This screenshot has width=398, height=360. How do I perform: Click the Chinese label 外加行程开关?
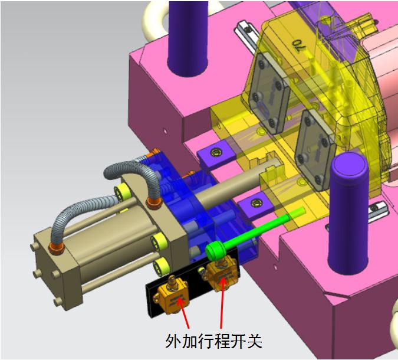tap(213, 341)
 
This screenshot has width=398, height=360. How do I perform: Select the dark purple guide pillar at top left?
tap(188, 35)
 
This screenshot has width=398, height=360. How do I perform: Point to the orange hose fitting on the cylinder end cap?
tap(57, 246)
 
